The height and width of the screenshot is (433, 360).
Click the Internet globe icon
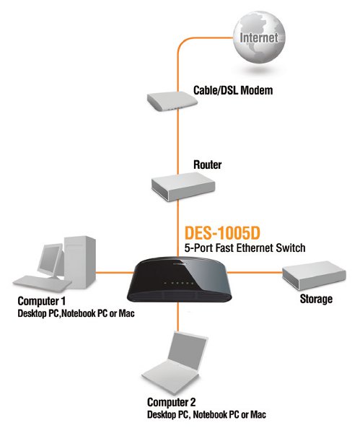coord(259,38)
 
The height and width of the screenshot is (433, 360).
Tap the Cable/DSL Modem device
coord(172,101)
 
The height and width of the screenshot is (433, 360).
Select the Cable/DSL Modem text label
coord(233,91)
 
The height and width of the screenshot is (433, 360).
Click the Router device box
coord(183,187)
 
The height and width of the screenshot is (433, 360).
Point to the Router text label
coord(207,165)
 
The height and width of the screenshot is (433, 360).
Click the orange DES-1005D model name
coord(222,233)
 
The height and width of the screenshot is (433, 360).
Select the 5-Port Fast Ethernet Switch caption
coord(245,248)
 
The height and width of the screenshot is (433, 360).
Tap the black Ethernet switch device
coord(180,279)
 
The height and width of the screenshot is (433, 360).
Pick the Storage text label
coord(316,299)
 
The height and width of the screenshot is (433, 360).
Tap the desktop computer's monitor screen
coord(50,259)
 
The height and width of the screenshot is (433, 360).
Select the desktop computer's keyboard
coord(42,284)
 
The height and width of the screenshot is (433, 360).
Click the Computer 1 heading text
coord(42,301)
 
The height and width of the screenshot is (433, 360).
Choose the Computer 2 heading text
coord(172,402)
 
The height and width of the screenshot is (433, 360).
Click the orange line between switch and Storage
coord(255,273)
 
